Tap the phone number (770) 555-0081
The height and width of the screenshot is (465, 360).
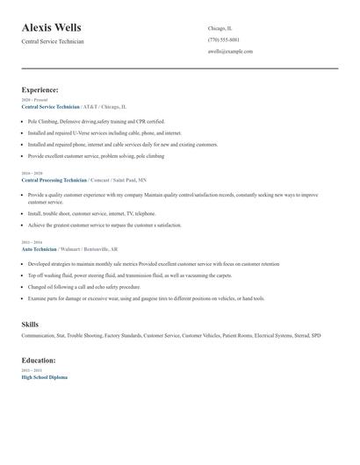click(223, 39)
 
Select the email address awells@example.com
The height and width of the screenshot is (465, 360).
click(230, 51)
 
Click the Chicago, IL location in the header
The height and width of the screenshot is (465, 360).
click(220, 28)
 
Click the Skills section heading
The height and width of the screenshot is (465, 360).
click(30, 325)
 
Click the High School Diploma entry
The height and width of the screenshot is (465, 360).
click(44, 376)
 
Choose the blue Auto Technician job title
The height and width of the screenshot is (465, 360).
click(39, 247)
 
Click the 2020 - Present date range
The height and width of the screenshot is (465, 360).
click(33, 100)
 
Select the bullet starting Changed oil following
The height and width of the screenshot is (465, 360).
click(83, 287)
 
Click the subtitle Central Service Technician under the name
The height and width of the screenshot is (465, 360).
click(53, 42)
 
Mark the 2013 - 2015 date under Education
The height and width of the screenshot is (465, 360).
click(31, 370)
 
